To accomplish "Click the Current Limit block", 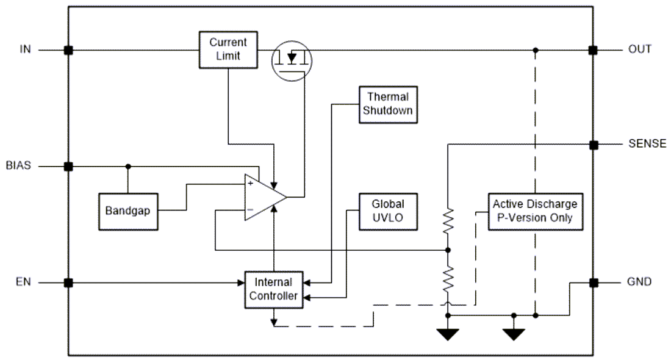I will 228,49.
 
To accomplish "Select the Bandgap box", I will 127,211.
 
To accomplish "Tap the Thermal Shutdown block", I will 388,104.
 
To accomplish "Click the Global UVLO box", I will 388,211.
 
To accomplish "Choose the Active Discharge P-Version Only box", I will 534,211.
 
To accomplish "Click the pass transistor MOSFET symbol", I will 292,60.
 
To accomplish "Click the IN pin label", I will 25,49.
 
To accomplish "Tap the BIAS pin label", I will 18,166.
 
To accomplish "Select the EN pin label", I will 23,283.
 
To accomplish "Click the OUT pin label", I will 640,49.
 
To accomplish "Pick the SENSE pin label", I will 647,145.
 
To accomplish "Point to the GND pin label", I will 640,283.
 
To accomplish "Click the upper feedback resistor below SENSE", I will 448,221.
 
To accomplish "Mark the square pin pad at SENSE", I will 592,145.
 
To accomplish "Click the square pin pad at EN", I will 68,283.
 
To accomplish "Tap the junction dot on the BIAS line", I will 128,166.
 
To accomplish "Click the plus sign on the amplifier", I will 250,182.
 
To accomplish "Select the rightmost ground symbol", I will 514,334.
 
